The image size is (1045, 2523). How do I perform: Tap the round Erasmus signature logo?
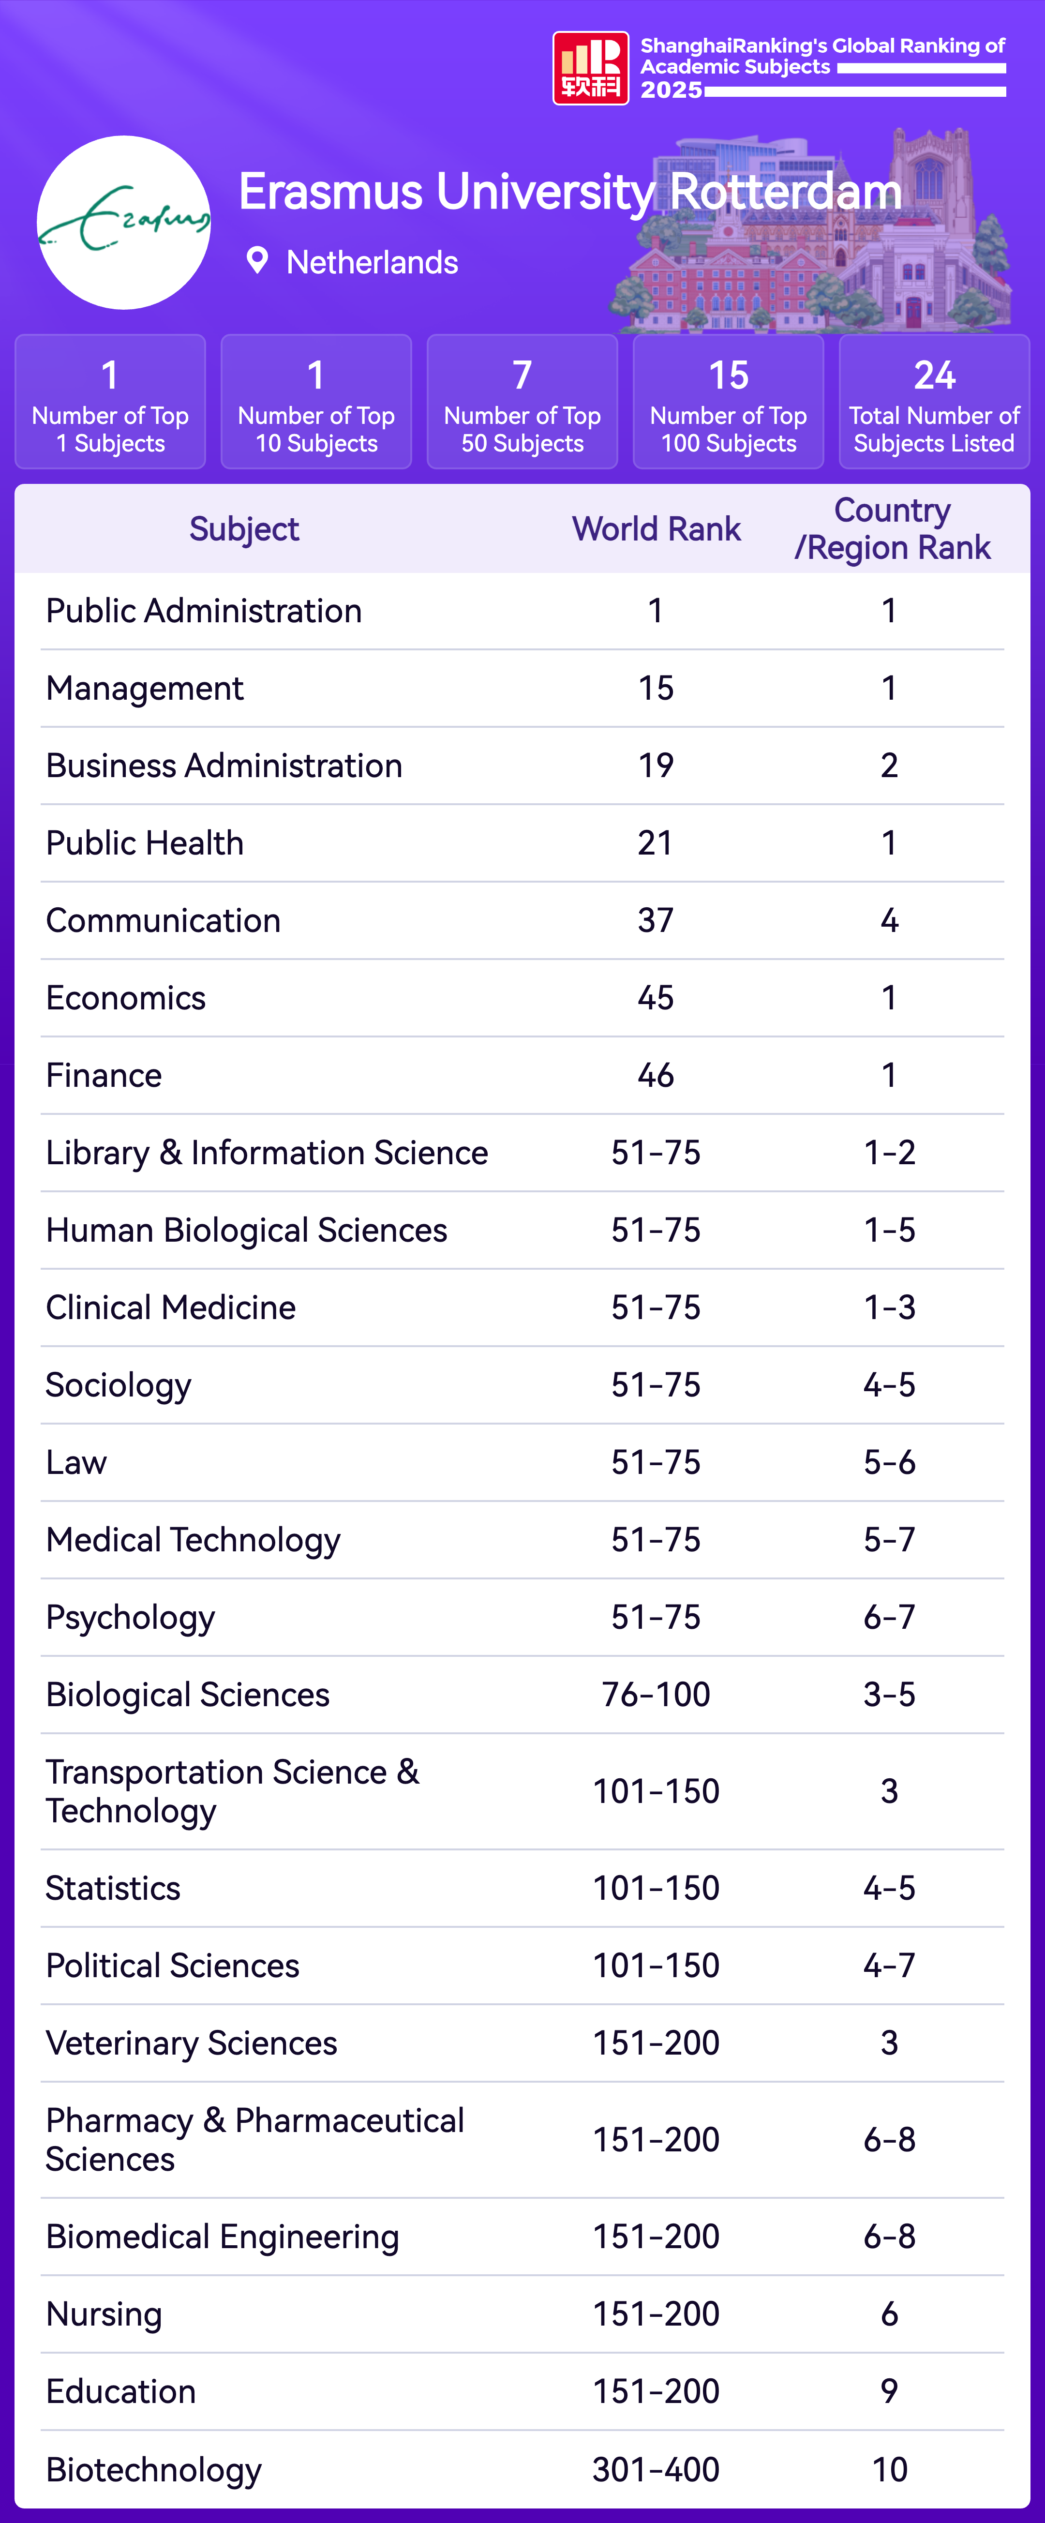(x=123, y=222)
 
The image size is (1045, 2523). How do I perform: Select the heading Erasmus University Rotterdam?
(x=570, y=192)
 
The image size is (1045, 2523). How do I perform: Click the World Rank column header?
(x=656, y=529)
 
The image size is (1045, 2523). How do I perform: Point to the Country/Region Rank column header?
(x=892, y=529)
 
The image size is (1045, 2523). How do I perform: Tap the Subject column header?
(x=244, y=529)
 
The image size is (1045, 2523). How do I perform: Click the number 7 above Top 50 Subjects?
(x=522, y=375)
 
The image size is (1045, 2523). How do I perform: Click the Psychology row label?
(x=130, y=1617)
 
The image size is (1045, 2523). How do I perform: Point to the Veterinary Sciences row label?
(x=191, y=2043)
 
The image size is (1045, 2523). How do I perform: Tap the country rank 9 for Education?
(x=889, y=2391)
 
